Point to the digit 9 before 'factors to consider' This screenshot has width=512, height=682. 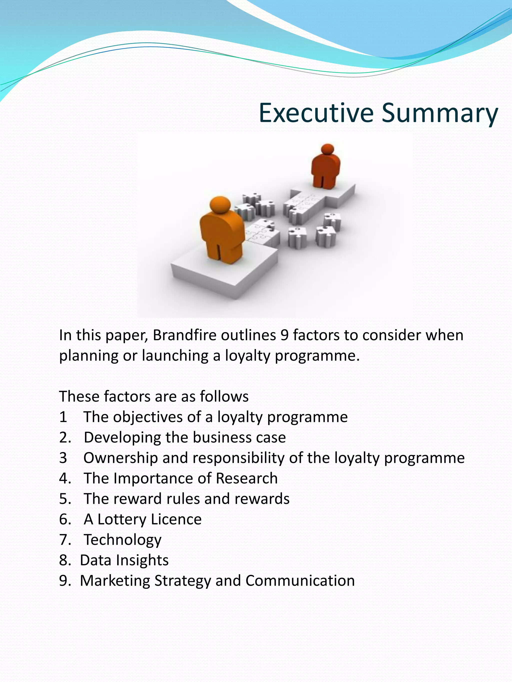pos(284,335)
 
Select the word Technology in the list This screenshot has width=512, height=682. pos(122,540)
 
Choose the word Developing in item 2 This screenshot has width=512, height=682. pos(122,438)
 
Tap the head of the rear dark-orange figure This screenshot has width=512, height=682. pos(327,149)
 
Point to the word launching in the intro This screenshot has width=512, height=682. pos(175,356)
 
